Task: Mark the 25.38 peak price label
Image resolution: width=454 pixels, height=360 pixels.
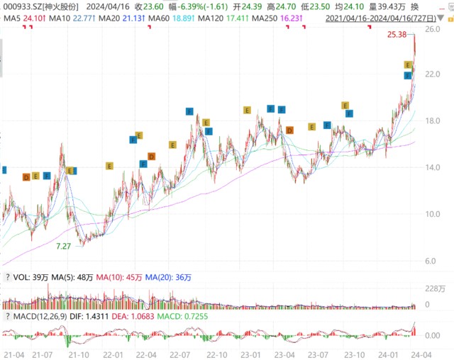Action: click(x=398, y=35)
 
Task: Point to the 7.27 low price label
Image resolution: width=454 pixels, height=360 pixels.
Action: click(x=64, y=245)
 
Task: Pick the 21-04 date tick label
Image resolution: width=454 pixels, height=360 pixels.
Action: click(x=13, y=353)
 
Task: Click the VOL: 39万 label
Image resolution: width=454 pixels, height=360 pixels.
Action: click(x=29, y=277)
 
